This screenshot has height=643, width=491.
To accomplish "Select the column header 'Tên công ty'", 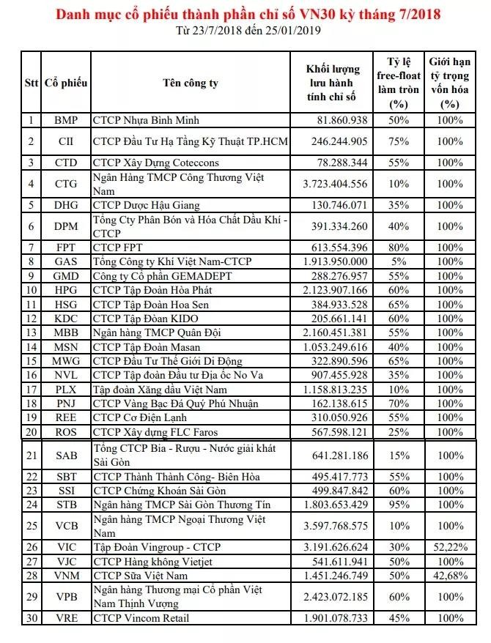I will point(190,83).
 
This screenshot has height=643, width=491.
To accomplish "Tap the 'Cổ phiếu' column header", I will point(66,83).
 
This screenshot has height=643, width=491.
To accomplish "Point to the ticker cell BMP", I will point(66,120).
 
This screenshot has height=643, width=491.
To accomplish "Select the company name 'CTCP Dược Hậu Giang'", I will point(146,205).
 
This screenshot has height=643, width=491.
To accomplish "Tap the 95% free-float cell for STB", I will point(403,505).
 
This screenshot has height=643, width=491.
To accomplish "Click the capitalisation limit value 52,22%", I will point(451,547).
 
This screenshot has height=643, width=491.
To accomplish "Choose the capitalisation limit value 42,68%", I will point(451,576).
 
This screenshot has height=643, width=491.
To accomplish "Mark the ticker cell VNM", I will point(66,576).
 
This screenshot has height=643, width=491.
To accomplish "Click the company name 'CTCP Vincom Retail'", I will point(140,619).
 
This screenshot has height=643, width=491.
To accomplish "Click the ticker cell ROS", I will point(66,431).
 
